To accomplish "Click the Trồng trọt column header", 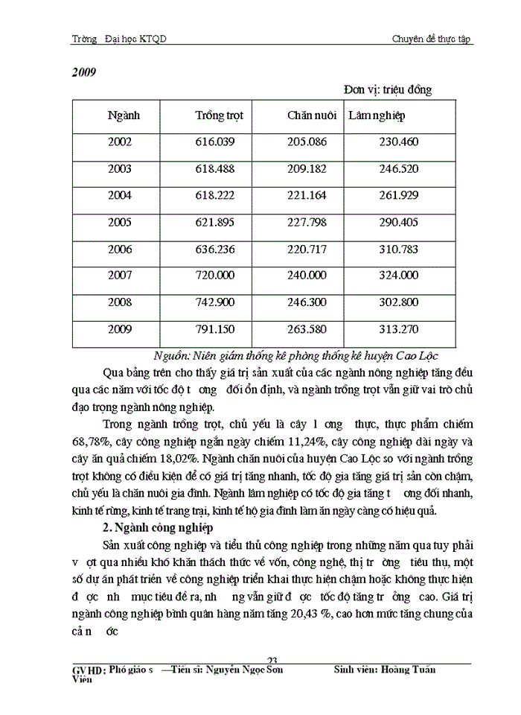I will pos(219,116).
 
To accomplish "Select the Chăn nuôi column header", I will pos(312,116).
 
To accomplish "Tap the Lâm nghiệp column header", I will pos(377,116).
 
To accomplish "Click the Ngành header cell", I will pos(124,116).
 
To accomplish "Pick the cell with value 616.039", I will pos(214,142).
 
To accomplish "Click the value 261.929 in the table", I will pos(399,196).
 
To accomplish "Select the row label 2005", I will pos(119,222).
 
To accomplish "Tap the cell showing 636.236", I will pos(214,249).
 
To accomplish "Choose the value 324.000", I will pos(399,276).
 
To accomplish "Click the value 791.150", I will pos(214,329).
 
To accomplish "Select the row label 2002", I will pos(119,142).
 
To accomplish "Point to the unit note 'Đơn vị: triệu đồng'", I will pos(388,90).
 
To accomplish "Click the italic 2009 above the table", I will pos(83,73).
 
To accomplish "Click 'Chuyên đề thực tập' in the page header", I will pos(432,39).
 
